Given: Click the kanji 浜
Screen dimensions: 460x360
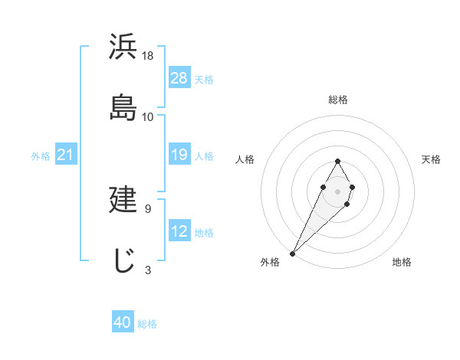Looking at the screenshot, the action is point(124,48).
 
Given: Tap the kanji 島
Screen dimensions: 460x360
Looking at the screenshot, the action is point(124,107).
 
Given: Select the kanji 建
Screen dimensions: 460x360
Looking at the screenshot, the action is point(124,198).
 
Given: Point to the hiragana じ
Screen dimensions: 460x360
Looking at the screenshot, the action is point(124,260).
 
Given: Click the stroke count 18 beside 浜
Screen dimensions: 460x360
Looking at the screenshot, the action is point(148,55).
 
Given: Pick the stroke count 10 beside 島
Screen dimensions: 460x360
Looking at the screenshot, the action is point(148,116).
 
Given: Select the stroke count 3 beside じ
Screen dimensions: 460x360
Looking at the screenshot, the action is point(147,270).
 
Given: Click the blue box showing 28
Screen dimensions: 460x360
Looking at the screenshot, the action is point(179,78).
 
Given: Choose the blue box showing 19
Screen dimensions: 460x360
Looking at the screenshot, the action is point(179,155).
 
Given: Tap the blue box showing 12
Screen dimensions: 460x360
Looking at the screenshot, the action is point(179,232).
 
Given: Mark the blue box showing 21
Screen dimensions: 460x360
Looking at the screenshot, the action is point(65,155).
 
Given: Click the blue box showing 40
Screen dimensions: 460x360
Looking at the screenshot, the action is point(123,322).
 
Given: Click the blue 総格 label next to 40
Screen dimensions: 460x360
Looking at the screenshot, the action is point(147,324).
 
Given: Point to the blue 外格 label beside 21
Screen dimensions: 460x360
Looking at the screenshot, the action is point(41,156).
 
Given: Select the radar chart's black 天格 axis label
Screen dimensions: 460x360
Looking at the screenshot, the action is point(432,159).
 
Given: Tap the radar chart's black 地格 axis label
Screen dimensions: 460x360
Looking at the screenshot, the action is point(402,262).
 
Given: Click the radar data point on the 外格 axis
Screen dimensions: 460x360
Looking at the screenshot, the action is point(293,252).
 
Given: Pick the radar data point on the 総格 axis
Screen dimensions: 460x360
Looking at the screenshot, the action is point(337,161).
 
